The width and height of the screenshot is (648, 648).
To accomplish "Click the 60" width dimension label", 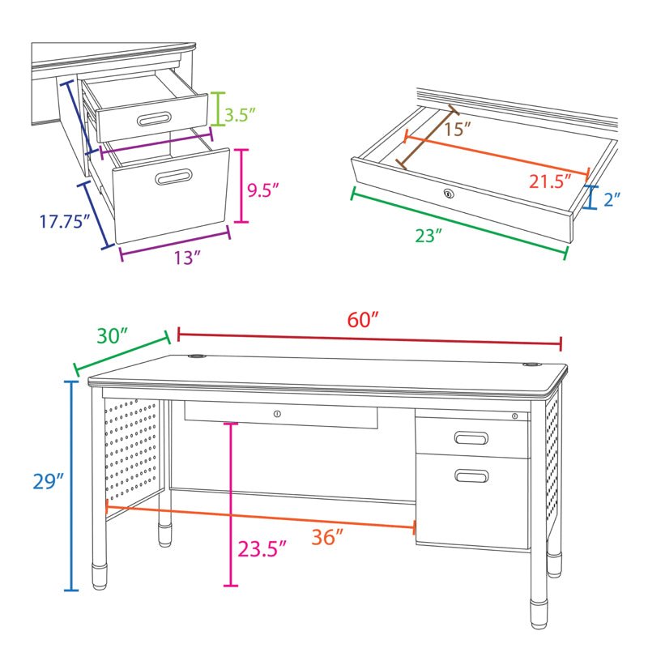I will [364, 319].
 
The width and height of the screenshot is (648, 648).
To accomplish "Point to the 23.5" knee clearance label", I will [262, 549].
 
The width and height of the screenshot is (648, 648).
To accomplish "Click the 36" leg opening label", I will [327, 536].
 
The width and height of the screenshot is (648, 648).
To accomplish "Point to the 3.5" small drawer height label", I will [241, 114].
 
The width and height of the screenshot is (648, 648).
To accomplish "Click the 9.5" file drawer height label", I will [263, 190].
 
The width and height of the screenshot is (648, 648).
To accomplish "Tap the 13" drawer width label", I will [187, 258].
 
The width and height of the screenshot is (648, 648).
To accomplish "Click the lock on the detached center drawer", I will [447, 193].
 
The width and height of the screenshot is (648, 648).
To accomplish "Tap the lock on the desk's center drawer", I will [277, 414].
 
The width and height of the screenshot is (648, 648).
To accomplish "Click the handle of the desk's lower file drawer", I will [471, 475].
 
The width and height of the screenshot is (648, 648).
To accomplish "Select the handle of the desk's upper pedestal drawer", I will [471, 438].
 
